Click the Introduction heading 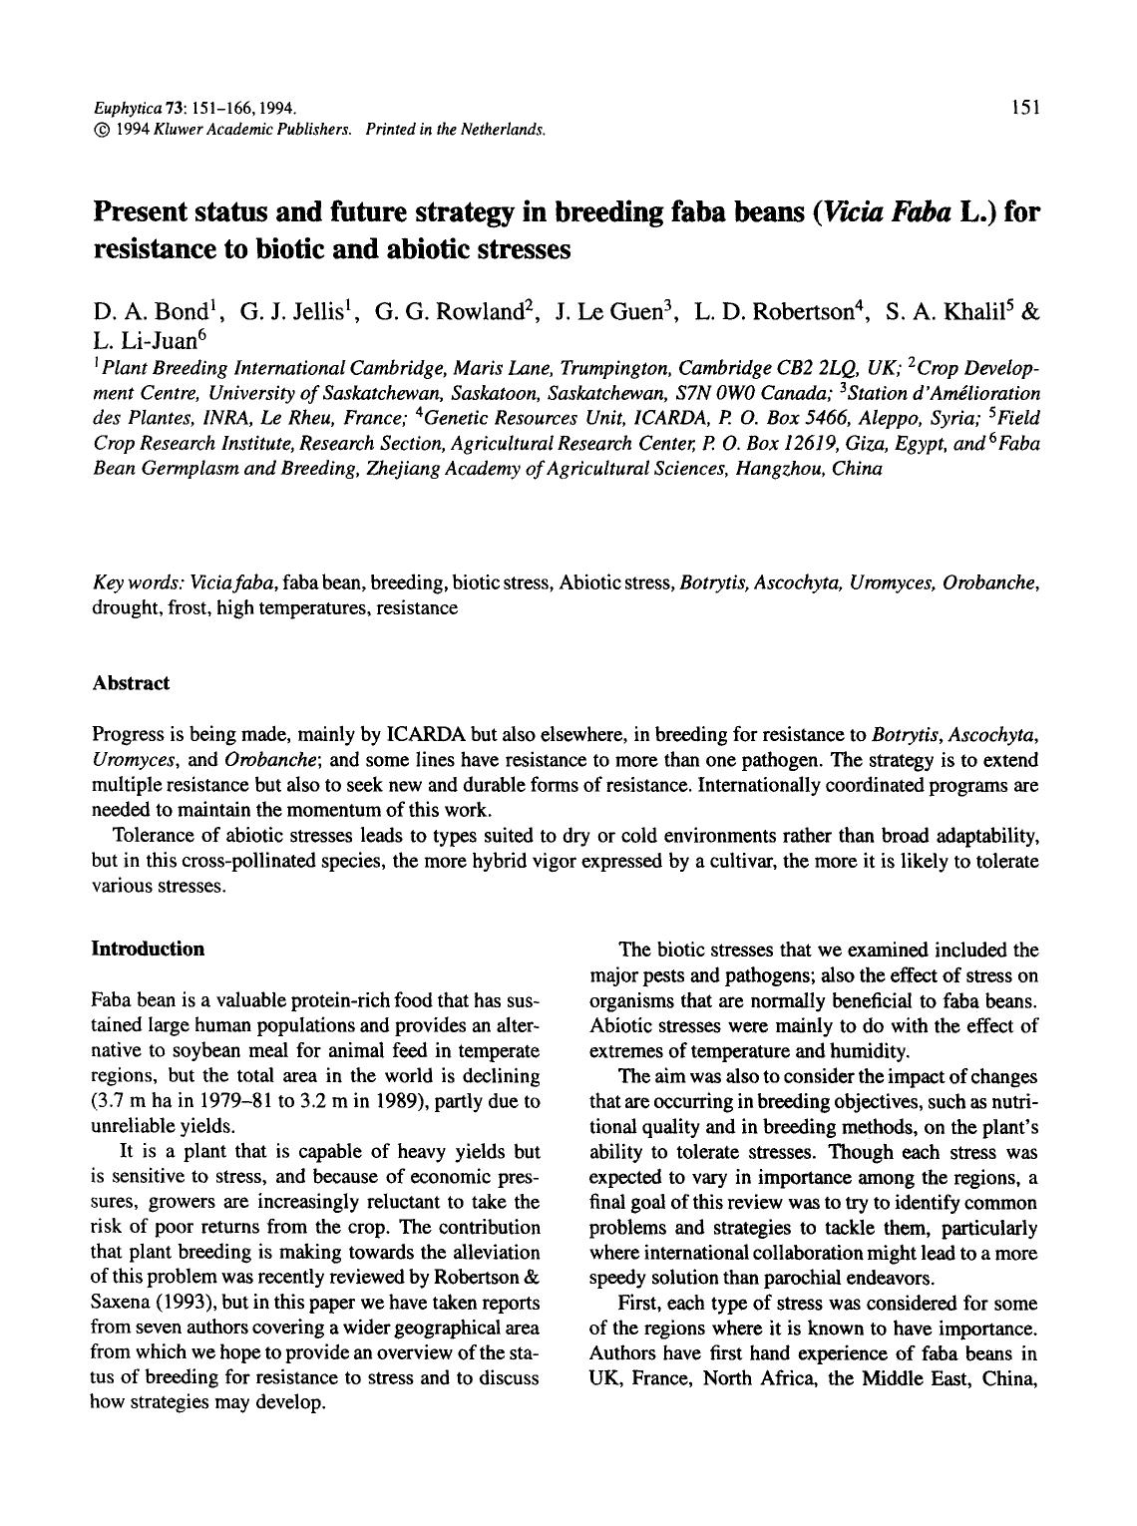pos(148,949)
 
